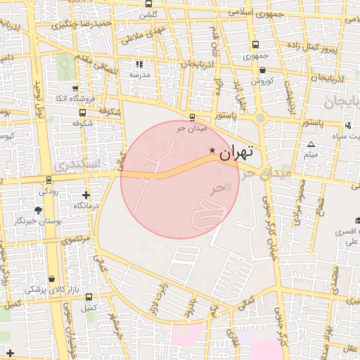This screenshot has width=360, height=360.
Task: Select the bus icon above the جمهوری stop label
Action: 255,44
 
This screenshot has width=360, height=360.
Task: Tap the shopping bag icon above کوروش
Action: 262,70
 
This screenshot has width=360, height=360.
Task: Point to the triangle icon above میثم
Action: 311,145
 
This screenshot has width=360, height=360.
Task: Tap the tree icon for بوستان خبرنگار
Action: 38,210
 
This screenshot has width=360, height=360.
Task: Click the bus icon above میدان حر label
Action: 193,117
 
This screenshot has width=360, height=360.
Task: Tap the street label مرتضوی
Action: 77,240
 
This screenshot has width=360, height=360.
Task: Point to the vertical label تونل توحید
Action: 39,105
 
